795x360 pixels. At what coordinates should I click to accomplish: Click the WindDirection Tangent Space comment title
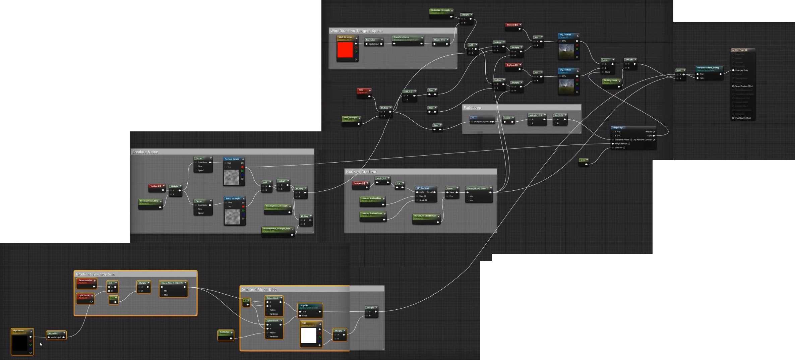click(356, 31)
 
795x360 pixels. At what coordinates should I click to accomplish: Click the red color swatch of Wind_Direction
click(345, 50)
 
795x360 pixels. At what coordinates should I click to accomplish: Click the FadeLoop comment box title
click(472, 108)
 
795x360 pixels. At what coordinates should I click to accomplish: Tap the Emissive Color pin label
click(741, 70)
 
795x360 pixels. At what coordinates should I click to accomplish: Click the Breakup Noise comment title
click(145, 152)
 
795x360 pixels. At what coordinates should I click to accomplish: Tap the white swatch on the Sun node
click(309, 336)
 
